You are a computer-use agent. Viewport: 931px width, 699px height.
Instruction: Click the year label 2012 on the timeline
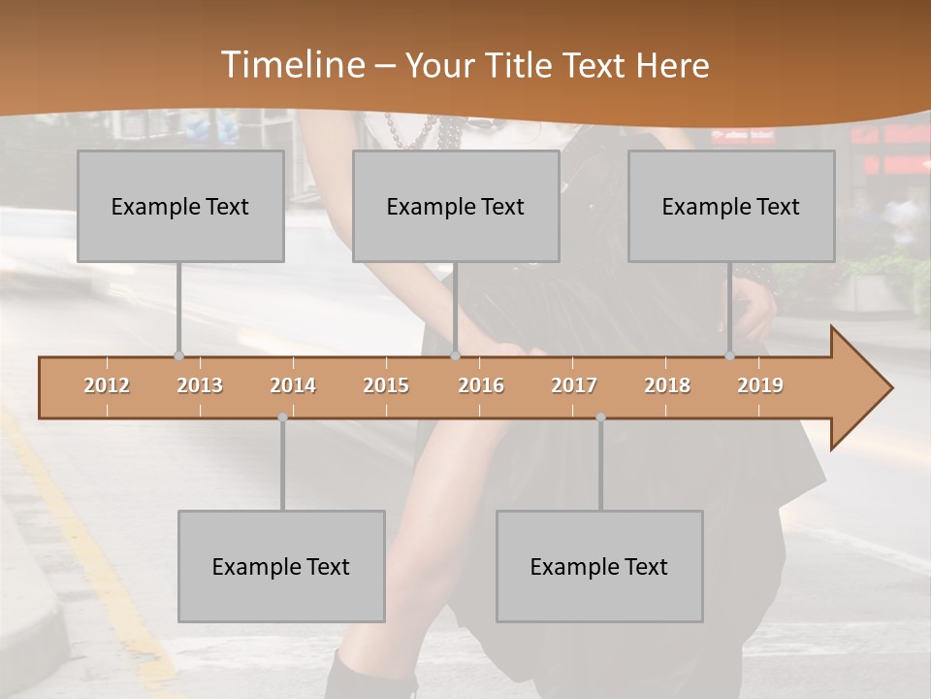pos(107,385)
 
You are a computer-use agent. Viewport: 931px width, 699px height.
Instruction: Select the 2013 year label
pos(200,385)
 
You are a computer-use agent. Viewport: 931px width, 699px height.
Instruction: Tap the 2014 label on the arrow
pos(293,385)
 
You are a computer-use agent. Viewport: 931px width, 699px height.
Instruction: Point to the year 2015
pos(386,385)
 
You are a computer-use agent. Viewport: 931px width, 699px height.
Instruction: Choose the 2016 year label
pos(481,385)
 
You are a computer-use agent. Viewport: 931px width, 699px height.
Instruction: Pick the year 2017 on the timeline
pos(574,385)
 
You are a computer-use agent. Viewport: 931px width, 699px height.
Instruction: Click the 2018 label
pos(667,385)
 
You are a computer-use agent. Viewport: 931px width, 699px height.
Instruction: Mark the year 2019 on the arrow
pos(760,385)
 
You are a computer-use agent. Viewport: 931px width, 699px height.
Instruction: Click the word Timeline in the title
pos(291,65)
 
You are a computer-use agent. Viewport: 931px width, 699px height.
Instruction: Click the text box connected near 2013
pos(180,206)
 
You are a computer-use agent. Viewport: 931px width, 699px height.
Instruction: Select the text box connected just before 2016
pos(456,206)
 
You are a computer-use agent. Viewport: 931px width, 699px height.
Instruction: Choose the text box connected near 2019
pos(731,206)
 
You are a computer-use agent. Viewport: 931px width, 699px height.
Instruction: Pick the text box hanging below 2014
pos(281,566)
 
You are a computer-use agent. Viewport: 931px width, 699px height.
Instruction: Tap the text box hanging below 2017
pos(599,566)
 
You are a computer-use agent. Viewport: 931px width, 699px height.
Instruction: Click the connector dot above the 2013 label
pos(178,355)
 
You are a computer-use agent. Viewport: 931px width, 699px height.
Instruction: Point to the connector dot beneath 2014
pos(282,417)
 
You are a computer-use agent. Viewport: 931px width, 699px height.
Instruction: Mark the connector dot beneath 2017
pos(600,417)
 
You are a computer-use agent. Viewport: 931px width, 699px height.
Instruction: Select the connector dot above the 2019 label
pos(729,355)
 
